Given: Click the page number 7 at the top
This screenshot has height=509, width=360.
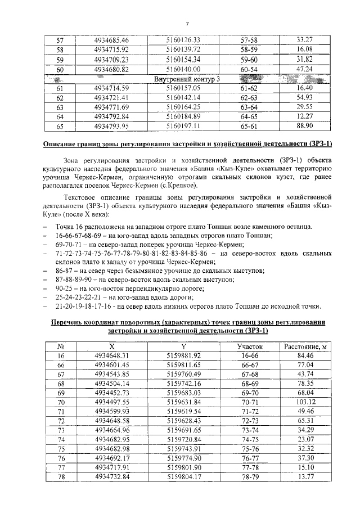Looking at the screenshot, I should click(x=187, y=23).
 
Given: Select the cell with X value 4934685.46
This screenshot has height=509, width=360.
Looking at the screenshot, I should click(x=112, y=40).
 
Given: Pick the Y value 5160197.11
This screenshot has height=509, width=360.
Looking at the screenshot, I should click(x=183, y=127).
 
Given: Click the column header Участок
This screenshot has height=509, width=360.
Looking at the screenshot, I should click(x=249, y=346).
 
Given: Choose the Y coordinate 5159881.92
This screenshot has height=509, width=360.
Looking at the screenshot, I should click(x=183, y=355).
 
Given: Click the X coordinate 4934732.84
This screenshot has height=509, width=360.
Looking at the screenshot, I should click(x=112, y=477).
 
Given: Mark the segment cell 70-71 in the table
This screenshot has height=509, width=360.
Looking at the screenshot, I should click(x=249, y=402).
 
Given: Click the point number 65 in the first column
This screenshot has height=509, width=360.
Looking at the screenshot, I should click(x=61, y=127).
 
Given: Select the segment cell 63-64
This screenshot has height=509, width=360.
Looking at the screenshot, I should click(x=249, y=107).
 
